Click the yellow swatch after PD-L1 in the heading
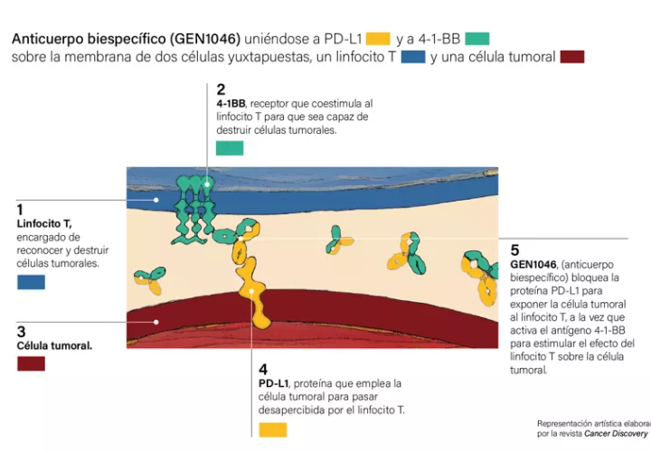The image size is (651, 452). click(x=379, y=39)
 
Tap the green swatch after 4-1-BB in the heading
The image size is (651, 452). click(x=476, y=39)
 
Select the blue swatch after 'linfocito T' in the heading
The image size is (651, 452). click(x=413, y=57)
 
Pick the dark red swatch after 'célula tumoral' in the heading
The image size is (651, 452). click(x=572, y=57)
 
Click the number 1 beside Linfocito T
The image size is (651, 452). click(x=20, y=209)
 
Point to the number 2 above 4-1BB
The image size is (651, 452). click(x=221, y=89)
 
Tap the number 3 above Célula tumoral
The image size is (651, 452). click(x=21, y=332)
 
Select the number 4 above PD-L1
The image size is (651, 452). click(x=263, y=370)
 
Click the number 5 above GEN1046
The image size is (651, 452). click(x=514, y=250)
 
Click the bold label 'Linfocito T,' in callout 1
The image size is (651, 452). click(x=44, y=223)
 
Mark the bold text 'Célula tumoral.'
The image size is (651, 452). click(x=54, y=345)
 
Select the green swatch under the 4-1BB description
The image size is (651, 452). click(x=230, y=148)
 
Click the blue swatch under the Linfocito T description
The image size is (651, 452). click(x=31, y=282)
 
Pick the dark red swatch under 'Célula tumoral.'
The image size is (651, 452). click(x=31, y=363)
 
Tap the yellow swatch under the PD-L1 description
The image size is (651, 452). click(x=272, y=429)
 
